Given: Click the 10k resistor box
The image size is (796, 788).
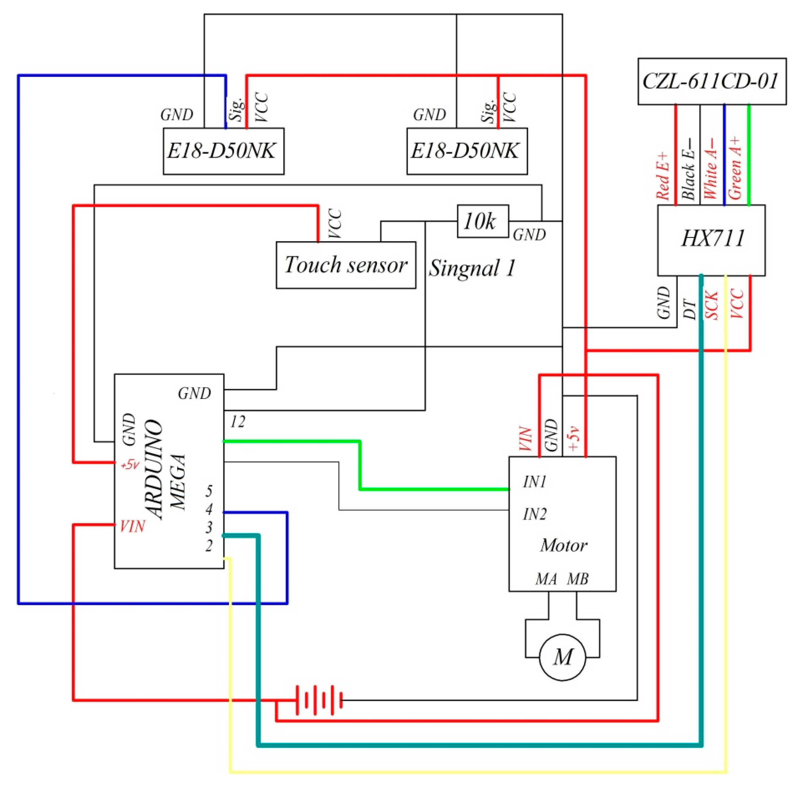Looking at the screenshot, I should point(482,222).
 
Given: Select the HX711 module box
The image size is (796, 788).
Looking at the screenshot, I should point(712,240).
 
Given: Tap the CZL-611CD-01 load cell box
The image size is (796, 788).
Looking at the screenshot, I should point(712,81).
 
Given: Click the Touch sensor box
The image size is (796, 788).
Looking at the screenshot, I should point(346,265).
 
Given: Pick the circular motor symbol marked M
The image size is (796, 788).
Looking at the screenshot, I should point(562,657).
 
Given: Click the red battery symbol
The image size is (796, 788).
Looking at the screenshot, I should point(319,700).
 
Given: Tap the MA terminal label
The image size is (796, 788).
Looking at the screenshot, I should point(546,579).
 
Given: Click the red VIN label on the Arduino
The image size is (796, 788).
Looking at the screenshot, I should point(132,526).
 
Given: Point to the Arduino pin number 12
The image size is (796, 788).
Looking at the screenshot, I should point(238,421).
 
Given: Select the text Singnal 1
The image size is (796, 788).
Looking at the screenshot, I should point(472,268).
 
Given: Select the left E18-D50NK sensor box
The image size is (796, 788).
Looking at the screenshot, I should point(223,151).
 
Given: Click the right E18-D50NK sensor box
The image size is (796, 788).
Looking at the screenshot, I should point(467,151).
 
